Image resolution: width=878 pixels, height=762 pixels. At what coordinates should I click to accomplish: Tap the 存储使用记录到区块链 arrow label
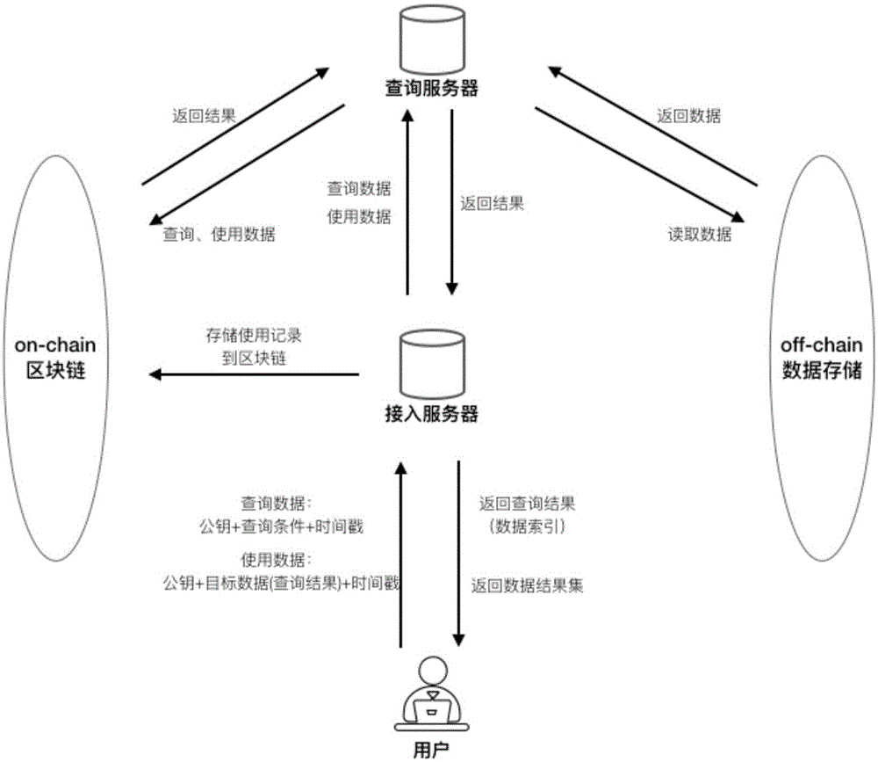(255, 346)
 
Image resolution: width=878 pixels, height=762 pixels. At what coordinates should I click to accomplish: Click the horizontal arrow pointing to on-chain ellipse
(255, 375)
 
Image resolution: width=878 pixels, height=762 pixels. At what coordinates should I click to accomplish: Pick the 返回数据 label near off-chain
(688, 116)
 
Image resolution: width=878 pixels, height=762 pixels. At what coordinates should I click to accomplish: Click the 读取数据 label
(698, 235)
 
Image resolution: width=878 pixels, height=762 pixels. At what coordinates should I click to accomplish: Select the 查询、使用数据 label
(219, 235)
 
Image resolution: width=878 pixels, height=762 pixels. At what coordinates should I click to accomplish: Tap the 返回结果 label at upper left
(203, 116)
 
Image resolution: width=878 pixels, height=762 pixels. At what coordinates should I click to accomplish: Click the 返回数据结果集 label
(527, 584)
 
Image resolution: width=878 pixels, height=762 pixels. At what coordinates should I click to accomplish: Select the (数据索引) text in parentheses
(527, 526)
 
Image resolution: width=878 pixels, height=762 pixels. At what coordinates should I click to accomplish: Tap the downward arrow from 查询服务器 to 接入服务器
(453, 202)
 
